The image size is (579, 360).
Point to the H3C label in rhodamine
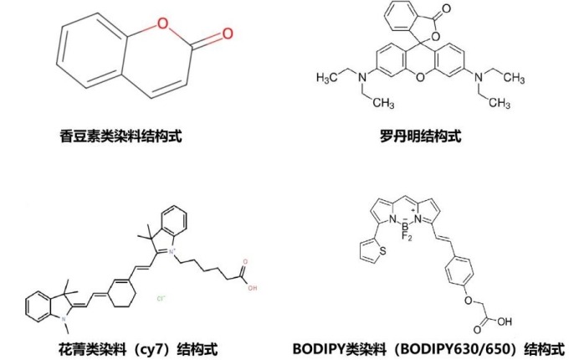point(329,78)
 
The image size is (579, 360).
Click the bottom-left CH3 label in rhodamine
point(381,105)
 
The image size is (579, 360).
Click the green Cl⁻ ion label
point(162,297)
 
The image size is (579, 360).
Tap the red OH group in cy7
point(252,289)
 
